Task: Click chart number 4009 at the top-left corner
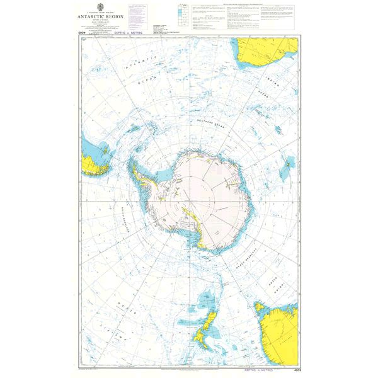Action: tap(82, 33)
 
